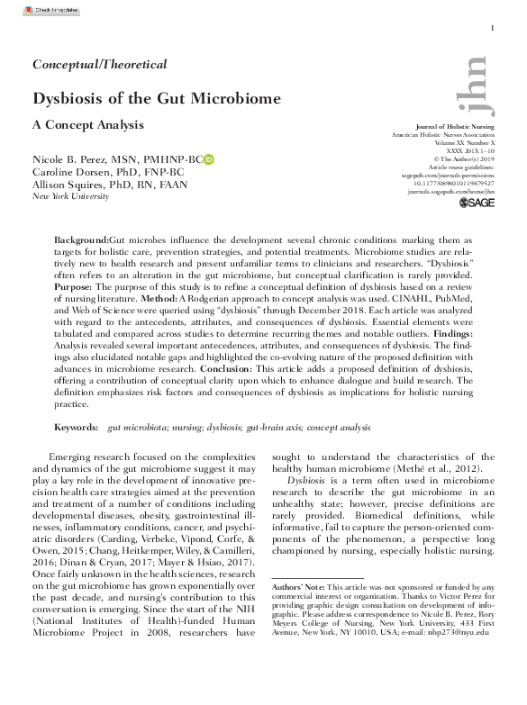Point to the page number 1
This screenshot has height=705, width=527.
coord(492,30)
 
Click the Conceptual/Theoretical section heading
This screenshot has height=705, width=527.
coord(100,64)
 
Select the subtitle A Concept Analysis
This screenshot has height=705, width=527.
coord(88,124)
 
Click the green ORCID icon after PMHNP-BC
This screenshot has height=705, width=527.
coord(209,159)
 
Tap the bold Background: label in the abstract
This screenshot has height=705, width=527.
coord(82,242)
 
